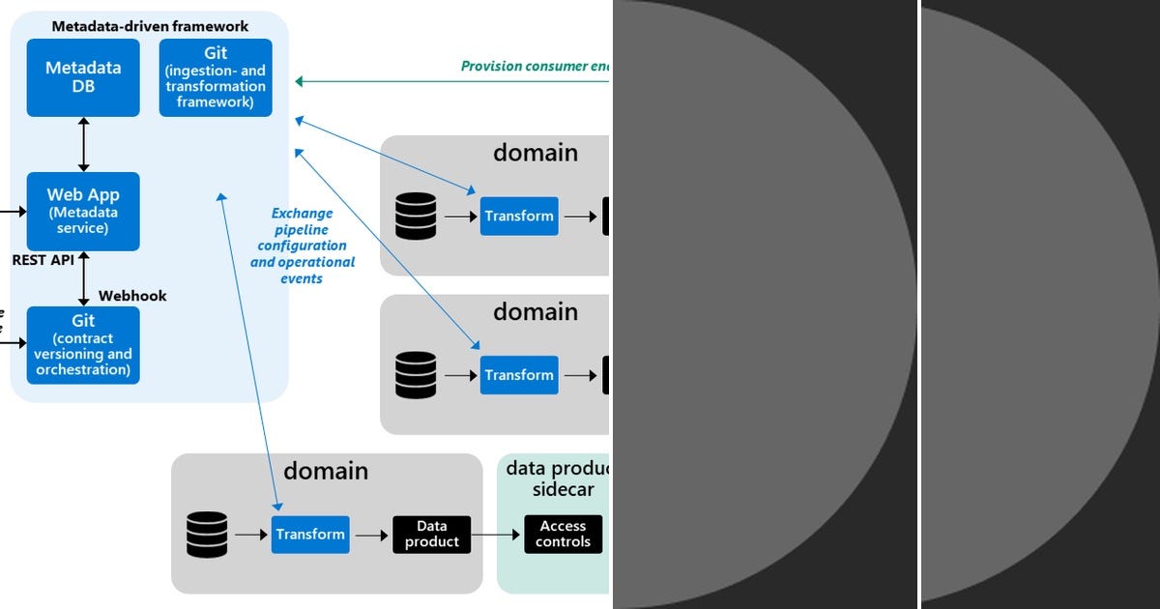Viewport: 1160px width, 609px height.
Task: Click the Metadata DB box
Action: pyautogui.click(x=83, y=77)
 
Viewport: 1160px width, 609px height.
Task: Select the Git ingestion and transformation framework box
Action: pyautogui.click(x=216, y=77)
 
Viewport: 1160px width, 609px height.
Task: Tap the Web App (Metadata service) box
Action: pyautogui.click(x=83, y=211)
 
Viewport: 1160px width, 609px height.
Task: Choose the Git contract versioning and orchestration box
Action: pyautogui.click(x=83, y=345)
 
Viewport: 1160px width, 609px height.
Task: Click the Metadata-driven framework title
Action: pyautogui.click(x=150, y=27)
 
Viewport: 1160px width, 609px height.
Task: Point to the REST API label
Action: pyautogui.click(x=43, y=260)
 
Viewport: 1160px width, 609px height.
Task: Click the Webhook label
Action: pyautogui.click(x=132, y=296)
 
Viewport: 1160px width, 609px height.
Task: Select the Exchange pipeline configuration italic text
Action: pyautogui.click(x=303, y=246)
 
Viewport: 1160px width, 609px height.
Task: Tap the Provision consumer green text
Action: pyautogui.click(x=536, y=67)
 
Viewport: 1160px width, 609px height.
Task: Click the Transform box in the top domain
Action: pyautogui.click(x=519, y=216)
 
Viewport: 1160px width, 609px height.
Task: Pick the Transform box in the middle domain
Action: pyautogui.click(x=519, y=375)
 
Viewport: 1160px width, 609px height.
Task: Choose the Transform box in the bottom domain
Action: pyautogui.click(x=310, y=534)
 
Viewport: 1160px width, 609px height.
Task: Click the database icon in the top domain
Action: pyautogui.click(x=416, y=216)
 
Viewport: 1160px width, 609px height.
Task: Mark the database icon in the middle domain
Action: pyautogui.click(x=416, y=375)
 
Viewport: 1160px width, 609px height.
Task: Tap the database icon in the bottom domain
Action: pyautogui.click(x=207, y=534)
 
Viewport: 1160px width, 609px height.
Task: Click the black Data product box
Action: pyautogui.click(x=431, y=534)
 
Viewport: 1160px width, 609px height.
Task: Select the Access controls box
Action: pyautogui.click(x=563, y=534)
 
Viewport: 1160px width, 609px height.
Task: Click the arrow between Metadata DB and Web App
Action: pyautogui.click(x=83, y=145)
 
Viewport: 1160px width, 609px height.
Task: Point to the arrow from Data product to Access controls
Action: pyautogui.click(x=497, y=534)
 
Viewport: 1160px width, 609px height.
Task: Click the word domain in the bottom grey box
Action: pyautogui.click(x=326, y=471)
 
